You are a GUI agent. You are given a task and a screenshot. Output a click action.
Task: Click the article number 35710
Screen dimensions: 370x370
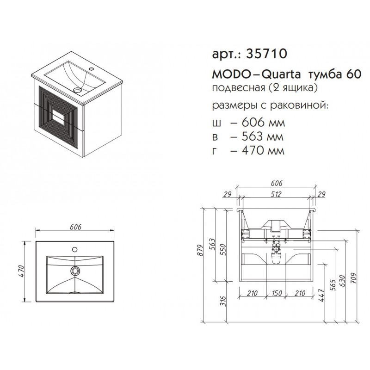pyautogui.click(x=267, y=54)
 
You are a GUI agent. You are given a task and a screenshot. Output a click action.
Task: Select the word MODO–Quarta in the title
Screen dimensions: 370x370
pyautogui.click(x=257, y=74)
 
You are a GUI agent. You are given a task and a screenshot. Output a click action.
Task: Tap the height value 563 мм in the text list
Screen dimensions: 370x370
pyautogui.click(x=262, y=136)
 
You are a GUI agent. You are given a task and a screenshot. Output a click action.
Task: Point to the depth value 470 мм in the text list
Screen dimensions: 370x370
pyautogui.click(x=263, y=150)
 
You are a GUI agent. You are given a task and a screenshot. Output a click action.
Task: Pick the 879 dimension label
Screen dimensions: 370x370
pyautogui.click(x=200, y=251)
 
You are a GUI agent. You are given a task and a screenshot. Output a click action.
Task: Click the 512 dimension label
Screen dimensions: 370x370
pyautogui.click(x=276, y=194)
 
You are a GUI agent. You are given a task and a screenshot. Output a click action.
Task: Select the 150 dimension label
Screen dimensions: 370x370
pyautogui.click(x=276, y=293)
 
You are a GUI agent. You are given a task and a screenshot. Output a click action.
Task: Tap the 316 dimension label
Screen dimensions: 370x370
pyautogui.click(x=223, y=302)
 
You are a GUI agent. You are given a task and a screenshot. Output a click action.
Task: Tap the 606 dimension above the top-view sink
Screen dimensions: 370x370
pyautogui.click(x=75, y=227)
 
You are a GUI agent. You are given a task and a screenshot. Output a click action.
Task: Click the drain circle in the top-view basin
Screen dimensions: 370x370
pyautogui.click(x=75, y=271)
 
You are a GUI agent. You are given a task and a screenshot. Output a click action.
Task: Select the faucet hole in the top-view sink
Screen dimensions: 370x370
pyautogui.click(x=75, y=249)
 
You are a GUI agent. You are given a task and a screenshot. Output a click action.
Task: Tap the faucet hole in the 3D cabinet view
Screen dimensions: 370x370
pyautogui.click(x=91, y=69)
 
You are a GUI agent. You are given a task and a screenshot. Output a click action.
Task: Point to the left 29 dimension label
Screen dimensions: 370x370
pyautogui.click(x=227, y=194)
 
